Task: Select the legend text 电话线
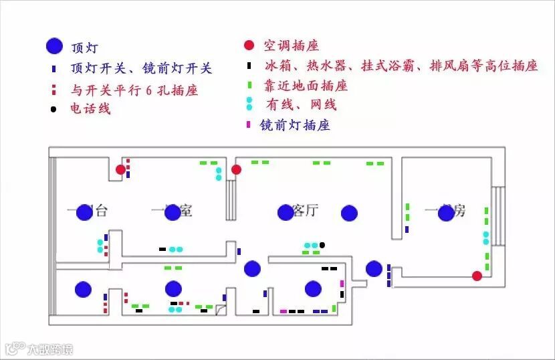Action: pos(90,108)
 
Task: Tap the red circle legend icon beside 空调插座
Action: pos(249,46)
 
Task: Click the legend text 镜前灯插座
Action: pos(295,125)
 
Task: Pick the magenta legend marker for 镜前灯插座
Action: pos(249,124)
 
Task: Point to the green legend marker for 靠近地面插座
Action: pos(249,86)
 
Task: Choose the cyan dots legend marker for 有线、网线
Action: pos(249,103)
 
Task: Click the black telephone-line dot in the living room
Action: pos(322,245)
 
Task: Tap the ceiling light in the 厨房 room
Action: pos(445,213)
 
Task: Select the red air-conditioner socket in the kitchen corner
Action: pos(477,276)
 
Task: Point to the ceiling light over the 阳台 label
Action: pos(84,213)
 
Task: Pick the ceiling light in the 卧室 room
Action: pos(173,213)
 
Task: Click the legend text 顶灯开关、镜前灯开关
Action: pos(140,68)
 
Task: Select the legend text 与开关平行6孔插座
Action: pos(134,90)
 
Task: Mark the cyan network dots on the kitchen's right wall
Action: pos(486,238)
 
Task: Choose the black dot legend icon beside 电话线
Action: pos(53,108)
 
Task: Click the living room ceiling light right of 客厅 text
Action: pos(349,213)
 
